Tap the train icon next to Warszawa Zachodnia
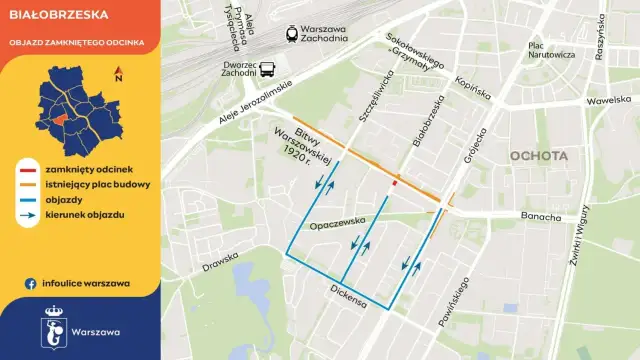tap(290, 32)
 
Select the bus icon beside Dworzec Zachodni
tap(267, 69)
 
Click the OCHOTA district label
tap(538, 156)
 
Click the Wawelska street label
tap(612, 100)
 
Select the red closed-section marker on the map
tap(396, 183)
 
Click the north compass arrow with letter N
tap(118, 71)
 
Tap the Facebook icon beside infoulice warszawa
tap(32, 283)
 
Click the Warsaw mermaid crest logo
tap(56, 330)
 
